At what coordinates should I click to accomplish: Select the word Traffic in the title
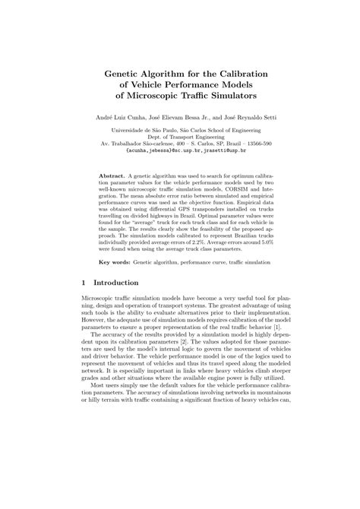click(x=182, y=97)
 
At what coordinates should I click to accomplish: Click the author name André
click(x=103, y=118)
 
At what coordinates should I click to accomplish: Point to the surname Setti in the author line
click(x=264, y=118)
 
